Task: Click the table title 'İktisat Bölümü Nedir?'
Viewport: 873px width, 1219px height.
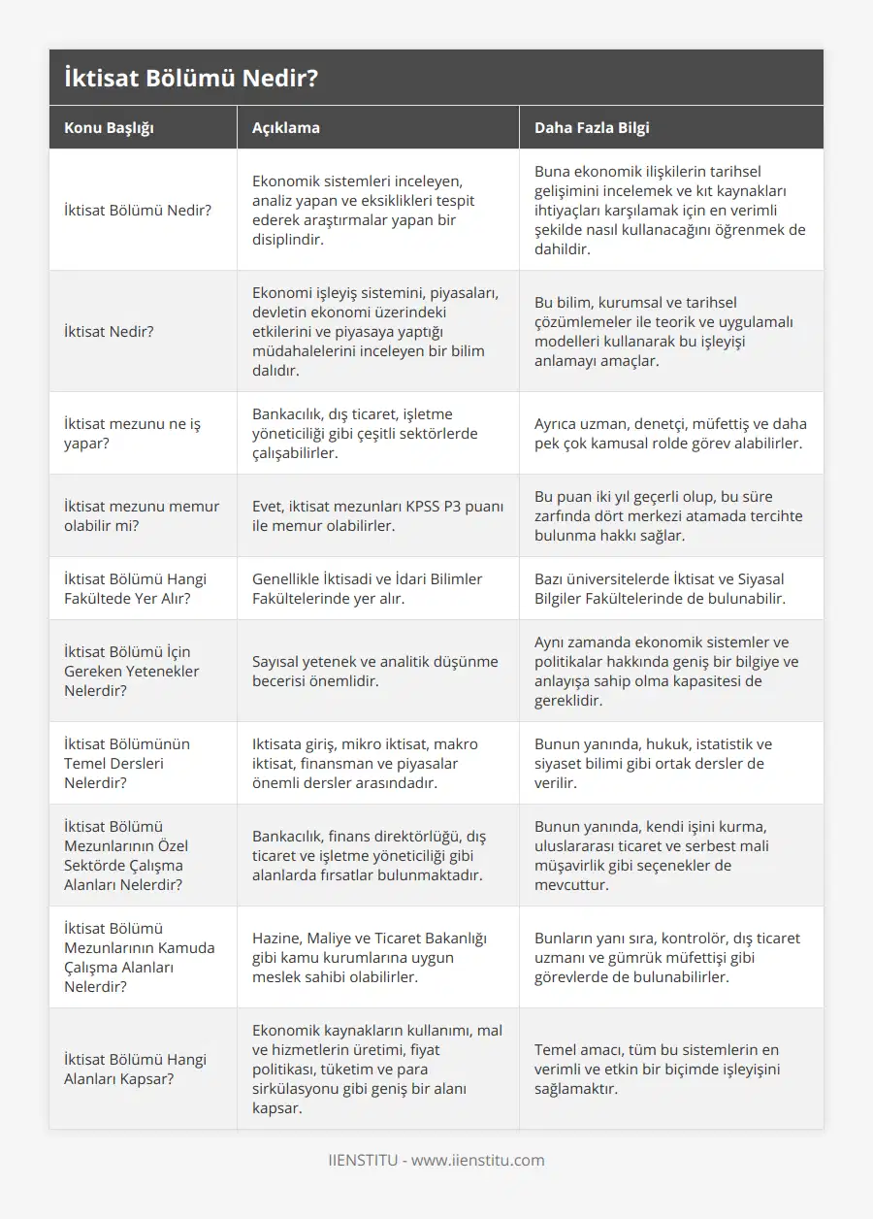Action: [x=190, y=78]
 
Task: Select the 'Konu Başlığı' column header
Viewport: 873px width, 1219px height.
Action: [x=109, y=127]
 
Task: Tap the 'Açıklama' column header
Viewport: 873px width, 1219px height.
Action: [x=285, y=127]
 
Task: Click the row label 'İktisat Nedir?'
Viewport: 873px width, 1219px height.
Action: [x=109, y=331]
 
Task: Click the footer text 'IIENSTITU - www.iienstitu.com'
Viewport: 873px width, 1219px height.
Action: [x=436, y=1160]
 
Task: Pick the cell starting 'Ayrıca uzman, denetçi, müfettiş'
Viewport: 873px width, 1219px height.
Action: [x=669, y=433]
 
